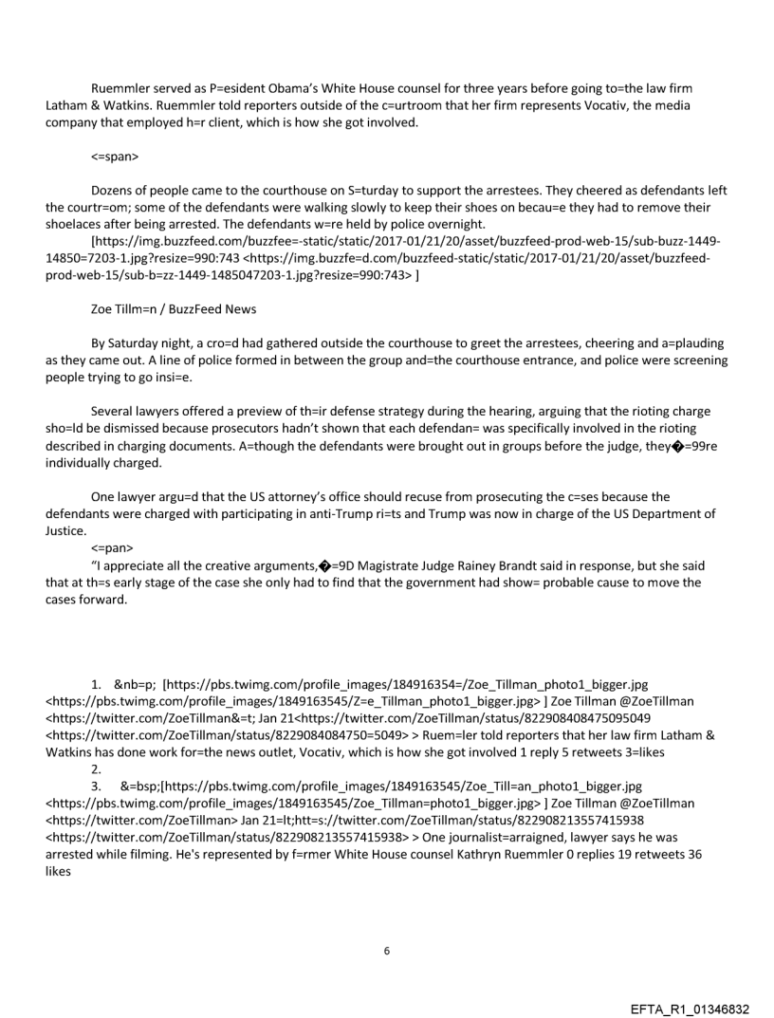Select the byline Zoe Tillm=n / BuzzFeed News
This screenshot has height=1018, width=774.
pos(167,309)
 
